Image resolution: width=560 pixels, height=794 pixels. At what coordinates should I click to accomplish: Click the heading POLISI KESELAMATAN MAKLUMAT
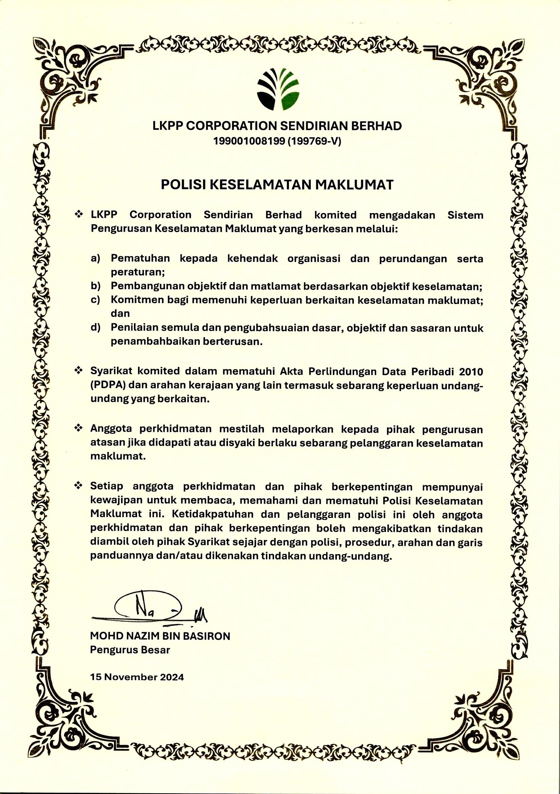pyautogui.click(x=277, y=185)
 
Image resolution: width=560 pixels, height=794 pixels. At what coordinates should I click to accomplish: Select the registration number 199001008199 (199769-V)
pyautogui.click(x=277, y=141)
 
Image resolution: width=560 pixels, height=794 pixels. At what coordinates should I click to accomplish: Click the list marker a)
pyautogui.click(x=95, y=258)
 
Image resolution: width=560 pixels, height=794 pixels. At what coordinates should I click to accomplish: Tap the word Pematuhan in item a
pyautogui.click(x=140, y=258)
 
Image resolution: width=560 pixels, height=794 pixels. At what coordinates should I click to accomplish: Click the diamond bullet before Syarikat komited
pyautogui.click(x=79, y=371)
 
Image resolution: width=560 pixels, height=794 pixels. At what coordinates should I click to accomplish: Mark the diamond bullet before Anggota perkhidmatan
pyautogui.click(x=79, y=429)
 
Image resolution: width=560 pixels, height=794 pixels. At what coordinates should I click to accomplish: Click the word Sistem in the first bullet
pyautogui.click(x=465, y=215)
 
